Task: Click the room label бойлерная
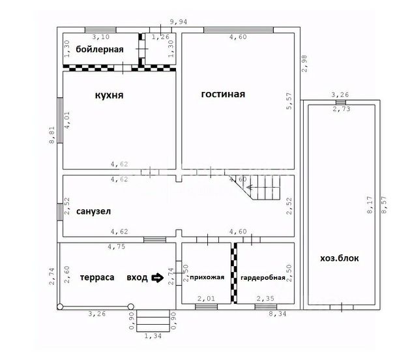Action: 100,50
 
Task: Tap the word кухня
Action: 109,95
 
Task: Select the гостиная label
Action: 223,94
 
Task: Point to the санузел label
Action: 93,211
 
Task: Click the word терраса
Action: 97,277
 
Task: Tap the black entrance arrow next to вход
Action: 158,278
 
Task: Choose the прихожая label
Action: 207,277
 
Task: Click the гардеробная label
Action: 263,277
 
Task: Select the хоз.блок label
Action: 340,258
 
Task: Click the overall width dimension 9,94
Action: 179,22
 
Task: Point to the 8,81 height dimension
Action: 51,135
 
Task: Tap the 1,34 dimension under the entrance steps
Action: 153,336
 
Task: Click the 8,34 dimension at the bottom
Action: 278,313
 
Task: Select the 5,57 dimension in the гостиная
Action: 289,101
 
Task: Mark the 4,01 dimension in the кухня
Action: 67,120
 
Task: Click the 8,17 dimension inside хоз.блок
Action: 370,205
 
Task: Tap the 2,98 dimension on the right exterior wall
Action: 304,63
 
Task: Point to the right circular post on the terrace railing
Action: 131,307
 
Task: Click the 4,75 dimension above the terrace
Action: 117,247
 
